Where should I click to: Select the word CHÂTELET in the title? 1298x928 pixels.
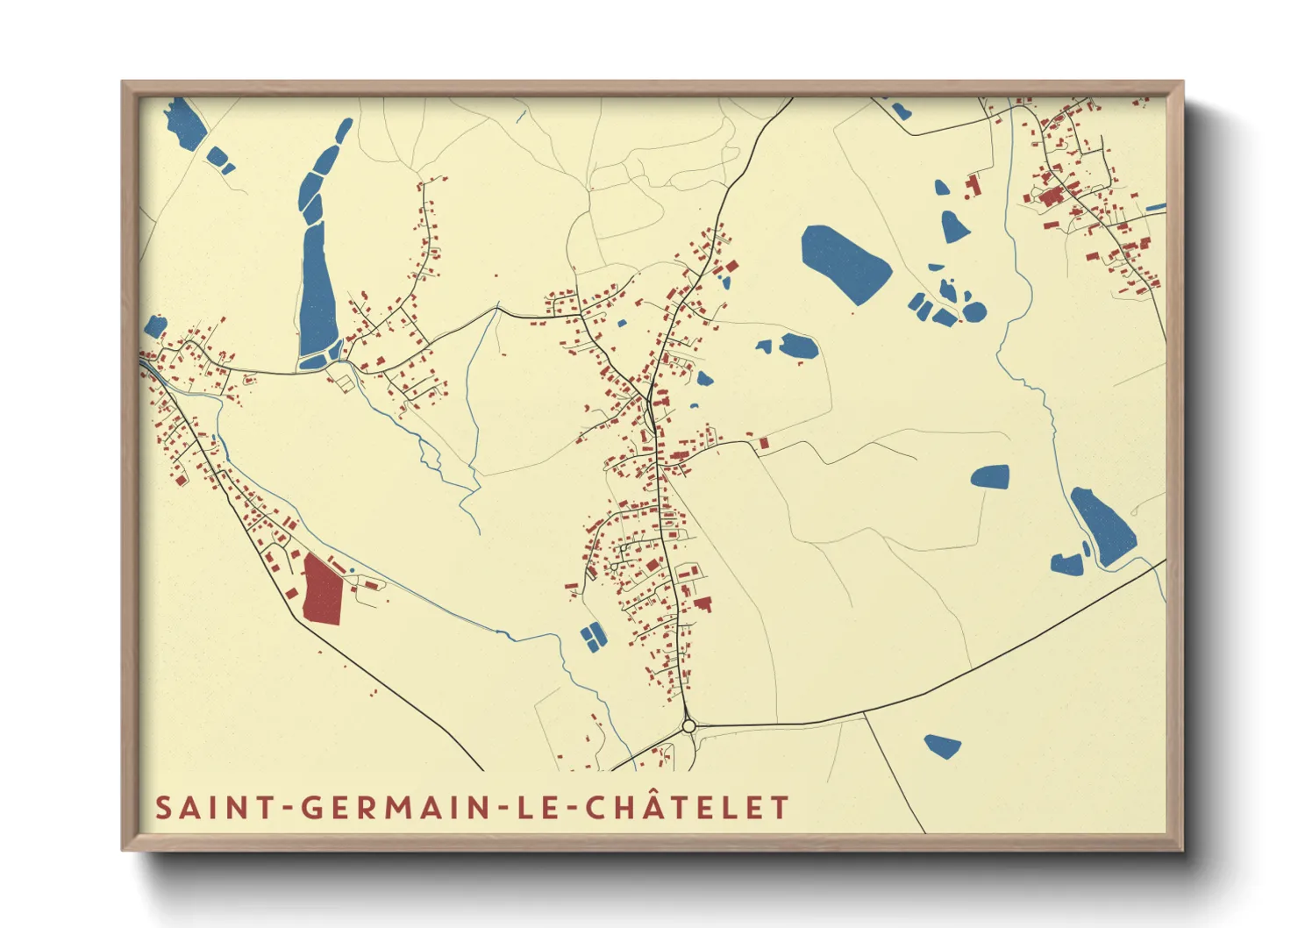click(x=688, y=806)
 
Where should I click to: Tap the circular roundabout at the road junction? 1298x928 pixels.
click(x=688, y=726)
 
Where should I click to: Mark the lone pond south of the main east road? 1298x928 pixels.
click(x=943, y=746)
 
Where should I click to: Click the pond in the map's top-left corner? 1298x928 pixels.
click(x=185, y=122)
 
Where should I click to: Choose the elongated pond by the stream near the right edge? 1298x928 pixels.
click(x=1104, y=525)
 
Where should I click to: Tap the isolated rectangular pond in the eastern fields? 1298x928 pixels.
click(x=990, y=476)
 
